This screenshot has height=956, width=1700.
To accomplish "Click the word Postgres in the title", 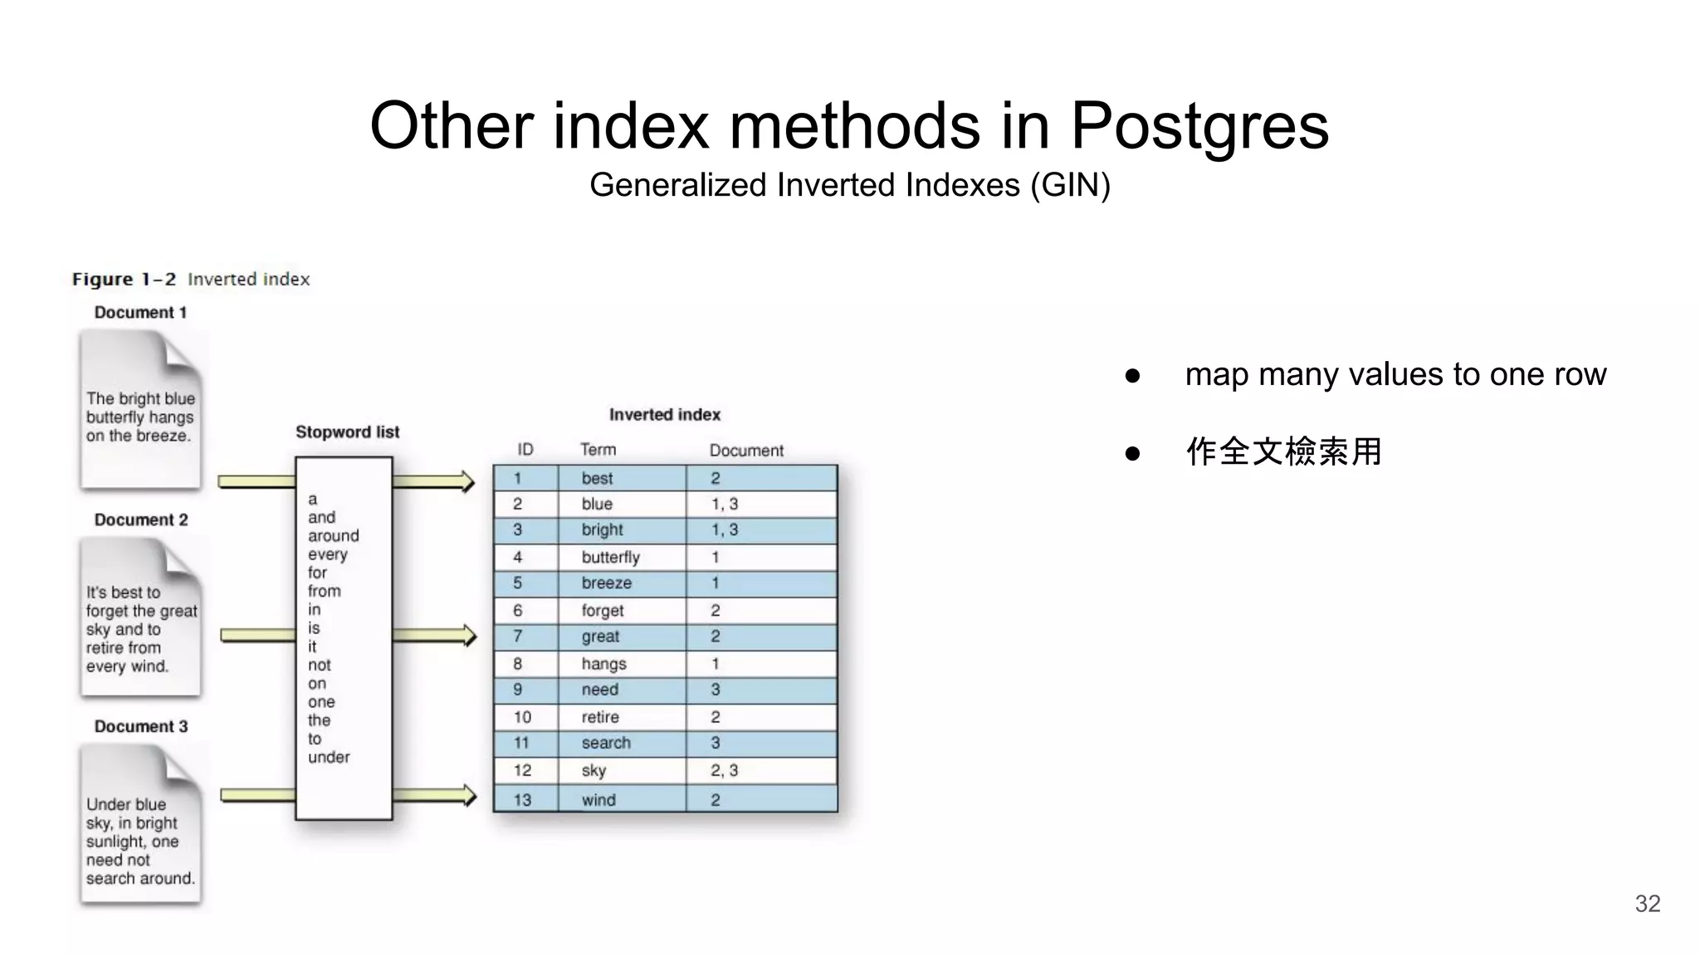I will [1199, 126].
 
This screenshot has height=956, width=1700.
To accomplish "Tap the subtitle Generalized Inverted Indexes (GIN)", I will [849, 185].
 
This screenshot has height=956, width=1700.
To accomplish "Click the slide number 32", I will [1647, 903].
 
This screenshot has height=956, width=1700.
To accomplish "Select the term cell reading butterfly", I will [610, 557].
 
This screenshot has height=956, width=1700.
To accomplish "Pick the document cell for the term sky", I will [724, 770].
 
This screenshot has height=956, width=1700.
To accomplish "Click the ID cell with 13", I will [522, 800].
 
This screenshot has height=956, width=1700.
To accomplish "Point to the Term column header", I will [598, 450].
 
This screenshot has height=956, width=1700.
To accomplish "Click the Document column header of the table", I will [745, 451].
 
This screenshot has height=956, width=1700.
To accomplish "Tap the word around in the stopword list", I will [333, 536].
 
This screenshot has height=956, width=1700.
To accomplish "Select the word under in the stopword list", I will [329, 757].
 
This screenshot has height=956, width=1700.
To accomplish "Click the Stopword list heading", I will [347, 432].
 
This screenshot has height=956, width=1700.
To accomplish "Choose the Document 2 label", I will [141, 520].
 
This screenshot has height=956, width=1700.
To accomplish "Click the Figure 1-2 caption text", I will [190, 280].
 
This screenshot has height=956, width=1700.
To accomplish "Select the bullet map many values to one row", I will [1395, 374].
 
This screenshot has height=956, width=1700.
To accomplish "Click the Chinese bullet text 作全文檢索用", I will [1283, 452].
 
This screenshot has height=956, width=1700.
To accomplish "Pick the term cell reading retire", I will [600, 717].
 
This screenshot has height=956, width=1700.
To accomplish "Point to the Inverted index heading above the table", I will [664, 415].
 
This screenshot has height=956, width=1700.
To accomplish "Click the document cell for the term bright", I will [724, 529].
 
